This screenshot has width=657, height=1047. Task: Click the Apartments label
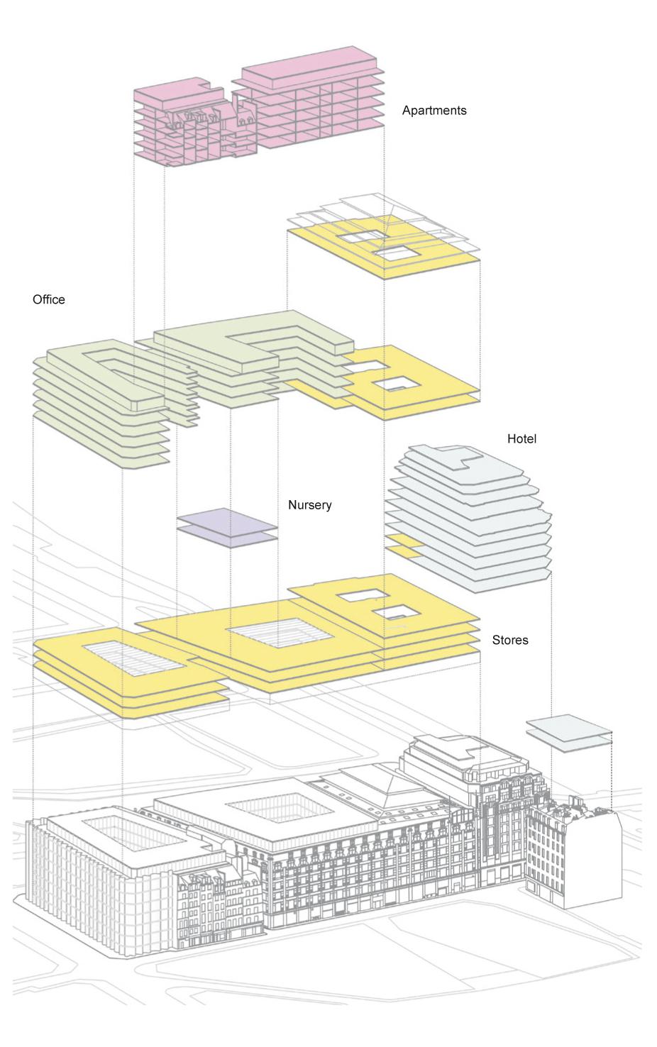point(434,111)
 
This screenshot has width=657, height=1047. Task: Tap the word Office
point(48,299)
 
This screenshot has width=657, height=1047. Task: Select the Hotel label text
point(521,439)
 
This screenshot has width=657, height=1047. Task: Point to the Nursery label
point(309,506)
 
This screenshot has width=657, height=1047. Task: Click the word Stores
point(509,640)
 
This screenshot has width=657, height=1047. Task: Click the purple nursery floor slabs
point(226,529)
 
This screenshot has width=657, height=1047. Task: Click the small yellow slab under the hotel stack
point(401,546)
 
